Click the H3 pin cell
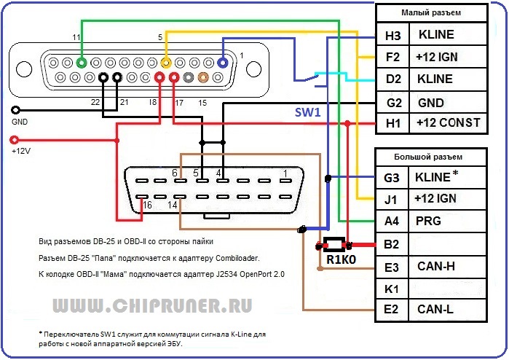[393, 34]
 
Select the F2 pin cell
[393, 57]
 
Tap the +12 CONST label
[448, 123]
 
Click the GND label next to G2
[431, 103]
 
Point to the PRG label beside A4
[427, 221]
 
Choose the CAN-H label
[435, 266]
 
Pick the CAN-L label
[435, 310]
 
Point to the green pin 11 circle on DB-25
[82, 63]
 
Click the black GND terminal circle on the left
[13, 110]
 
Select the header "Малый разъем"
[435, 13]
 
